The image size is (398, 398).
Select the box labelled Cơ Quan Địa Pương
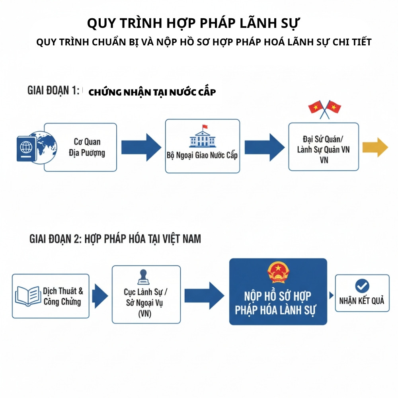[x=80, y=147]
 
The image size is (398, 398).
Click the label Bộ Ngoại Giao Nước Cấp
[x=202, y=155]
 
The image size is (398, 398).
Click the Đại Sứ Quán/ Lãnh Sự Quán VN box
[x=324, y=147]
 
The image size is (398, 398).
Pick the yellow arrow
[x=375, y=147]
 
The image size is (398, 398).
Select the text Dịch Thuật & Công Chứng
[x=63, y=296]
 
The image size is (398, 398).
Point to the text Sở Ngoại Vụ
[x=146, y=303]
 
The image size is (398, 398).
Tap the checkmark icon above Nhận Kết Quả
[x=362, y=285]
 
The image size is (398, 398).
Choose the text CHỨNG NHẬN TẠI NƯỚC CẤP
[x=152, y=92]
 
